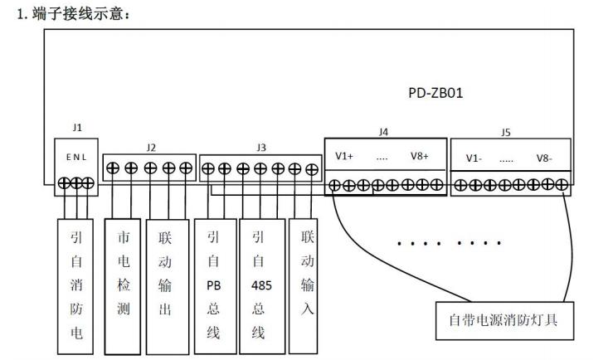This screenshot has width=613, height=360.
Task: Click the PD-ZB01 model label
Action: point(435,94)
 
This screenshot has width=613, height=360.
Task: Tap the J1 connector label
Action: point(77,128)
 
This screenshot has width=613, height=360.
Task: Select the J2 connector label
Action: point(150,147)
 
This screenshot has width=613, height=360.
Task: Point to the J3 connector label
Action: point(261,147)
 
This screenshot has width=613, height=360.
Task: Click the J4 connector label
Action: point(383,132)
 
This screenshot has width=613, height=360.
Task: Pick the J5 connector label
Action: point(506,132)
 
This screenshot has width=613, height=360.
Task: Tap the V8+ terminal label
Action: point(420,156)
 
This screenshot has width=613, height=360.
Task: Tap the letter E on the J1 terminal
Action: point(69,156)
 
